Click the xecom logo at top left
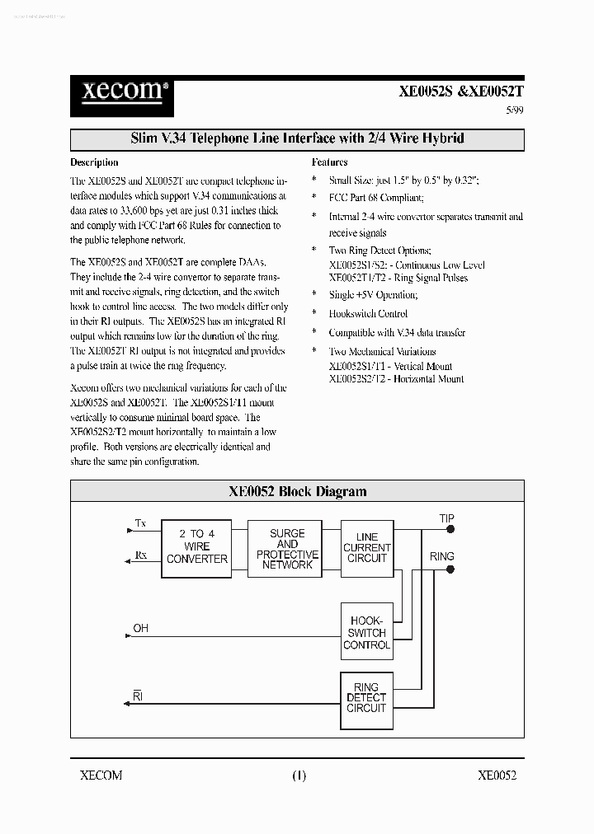click(x=120, y=90)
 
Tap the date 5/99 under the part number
click(x=513, y=111)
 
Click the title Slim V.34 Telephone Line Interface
click(x=297, y=138)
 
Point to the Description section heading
click(x=94, y=162)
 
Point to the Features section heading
click(x=329, y=162)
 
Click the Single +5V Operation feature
click(x=373, y=295)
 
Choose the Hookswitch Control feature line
click(x=368, y=314)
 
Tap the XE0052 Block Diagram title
click(x=297, y=491)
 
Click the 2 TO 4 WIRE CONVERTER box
click(x=197, y=546)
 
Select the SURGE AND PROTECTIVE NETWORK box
click(x=287, y=549)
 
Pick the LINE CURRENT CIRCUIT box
click(x=367, y=547)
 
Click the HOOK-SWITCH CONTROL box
click(x=367, y=633)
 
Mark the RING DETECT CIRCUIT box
click(x=367, y=699)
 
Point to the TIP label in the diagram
click(x=446, y=518)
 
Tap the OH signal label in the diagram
click(x=141, y=629)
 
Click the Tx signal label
click(x=140, y=522)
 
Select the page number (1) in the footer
click(x=298, y=775)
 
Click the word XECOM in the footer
click(x=101, y=775)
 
